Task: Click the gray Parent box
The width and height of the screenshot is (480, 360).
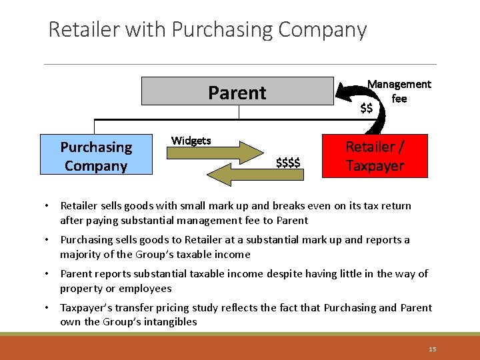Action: (237, 92)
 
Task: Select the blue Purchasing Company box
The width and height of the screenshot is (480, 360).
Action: (96, 156)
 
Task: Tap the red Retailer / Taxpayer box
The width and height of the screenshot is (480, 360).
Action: (374, 156)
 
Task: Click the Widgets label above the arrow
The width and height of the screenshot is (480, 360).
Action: (191, 140)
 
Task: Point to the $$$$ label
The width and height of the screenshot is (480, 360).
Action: (288, 162)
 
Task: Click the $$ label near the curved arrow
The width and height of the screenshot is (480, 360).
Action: (366, 108)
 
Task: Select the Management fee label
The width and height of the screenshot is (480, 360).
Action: (399, 91)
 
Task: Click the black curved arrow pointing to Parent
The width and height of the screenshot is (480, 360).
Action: (373, 113)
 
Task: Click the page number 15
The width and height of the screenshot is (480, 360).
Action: (433, 349)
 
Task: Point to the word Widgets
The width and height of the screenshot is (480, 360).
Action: (191, 140)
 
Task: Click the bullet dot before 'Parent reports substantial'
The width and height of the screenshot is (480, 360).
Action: (51, 274)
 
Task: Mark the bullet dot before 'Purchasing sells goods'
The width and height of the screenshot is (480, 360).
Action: (51, 240)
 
